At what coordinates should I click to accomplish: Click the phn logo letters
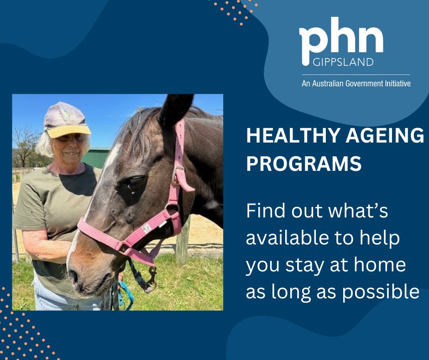pyautogui.click(x=341, y=41)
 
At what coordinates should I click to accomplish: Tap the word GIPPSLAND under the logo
pyautogui.click(x=343, y=62)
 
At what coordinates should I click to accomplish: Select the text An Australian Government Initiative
pyautogui.click(x=356, y=83)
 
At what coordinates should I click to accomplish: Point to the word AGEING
pyautogui.click(x=385, y=136)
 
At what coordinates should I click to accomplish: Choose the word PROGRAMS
pyautogui.click(x=304, y=163)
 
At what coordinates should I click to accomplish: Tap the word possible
pyautogui.click(x=381, y=292)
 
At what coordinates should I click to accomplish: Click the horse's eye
pyautogui.click(x=135, y=181)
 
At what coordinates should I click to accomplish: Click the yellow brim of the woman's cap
pyautogui.click(x=69, y=131)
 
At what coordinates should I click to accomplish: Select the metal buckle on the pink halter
pyautogui.click(x=178, y=175)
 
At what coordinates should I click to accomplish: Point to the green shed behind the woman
pyautogui.click(x=96, y=157)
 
